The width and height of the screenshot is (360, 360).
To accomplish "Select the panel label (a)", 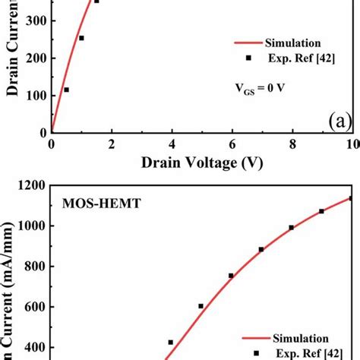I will [x=334, y=121].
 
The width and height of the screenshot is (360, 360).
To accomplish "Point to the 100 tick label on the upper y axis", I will [x=33, y=96].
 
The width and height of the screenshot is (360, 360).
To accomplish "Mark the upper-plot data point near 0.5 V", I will [x=66, y=90].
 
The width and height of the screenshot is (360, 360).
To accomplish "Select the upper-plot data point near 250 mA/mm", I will [x=81, y=38].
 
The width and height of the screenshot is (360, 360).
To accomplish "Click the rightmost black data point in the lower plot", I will [x=352, y=199].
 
